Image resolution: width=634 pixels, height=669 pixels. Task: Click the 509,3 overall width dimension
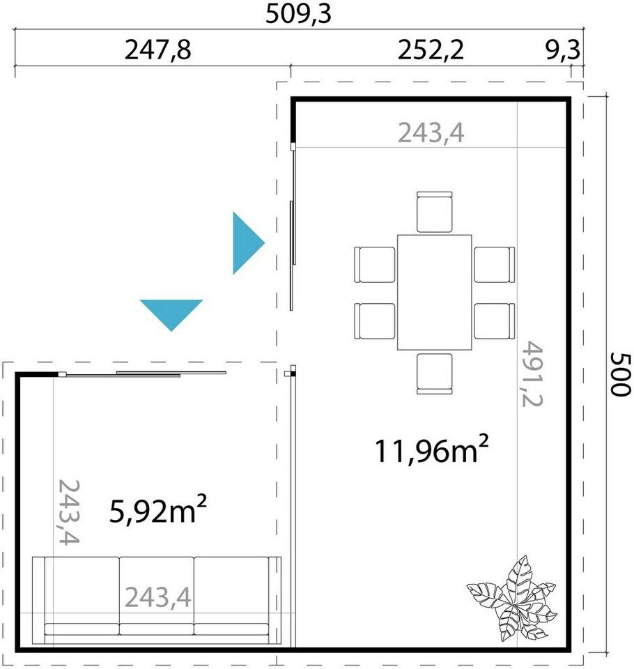(x=298, y=14)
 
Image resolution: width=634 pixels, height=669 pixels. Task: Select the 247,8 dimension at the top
(x=157, y=50)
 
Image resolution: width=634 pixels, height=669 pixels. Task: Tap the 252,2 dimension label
(x=430, y=50)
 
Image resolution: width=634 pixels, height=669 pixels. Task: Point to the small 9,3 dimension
(x=562, y=50)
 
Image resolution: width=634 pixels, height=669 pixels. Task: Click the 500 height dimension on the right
(x=619, y=374)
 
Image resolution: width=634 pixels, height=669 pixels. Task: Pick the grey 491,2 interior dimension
(x=532, y=374)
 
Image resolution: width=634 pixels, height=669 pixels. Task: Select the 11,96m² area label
(x=431, y=449)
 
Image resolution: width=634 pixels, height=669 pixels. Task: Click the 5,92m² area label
(x=158, y=509)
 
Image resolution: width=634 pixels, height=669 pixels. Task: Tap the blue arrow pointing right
(x=248, y=243)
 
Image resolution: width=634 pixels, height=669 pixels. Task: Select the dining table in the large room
(x=434, y=292)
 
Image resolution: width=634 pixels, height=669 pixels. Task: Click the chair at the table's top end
(x=434, y=212)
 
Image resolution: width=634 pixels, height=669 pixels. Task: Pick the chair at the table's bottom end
(x=434, y=374)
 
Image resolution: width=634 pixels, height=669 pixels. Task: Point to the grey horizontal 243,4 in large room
(x=431, y=132)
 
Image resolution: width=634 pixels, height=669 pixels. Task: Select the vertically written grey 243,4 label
(x=68, y=512)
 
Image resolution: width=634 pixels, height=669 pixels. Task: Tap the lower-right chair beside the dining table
(x=494, y=321)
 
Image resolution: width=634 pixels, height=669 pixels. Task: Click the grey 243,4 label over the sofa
(x=158, y=597)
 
